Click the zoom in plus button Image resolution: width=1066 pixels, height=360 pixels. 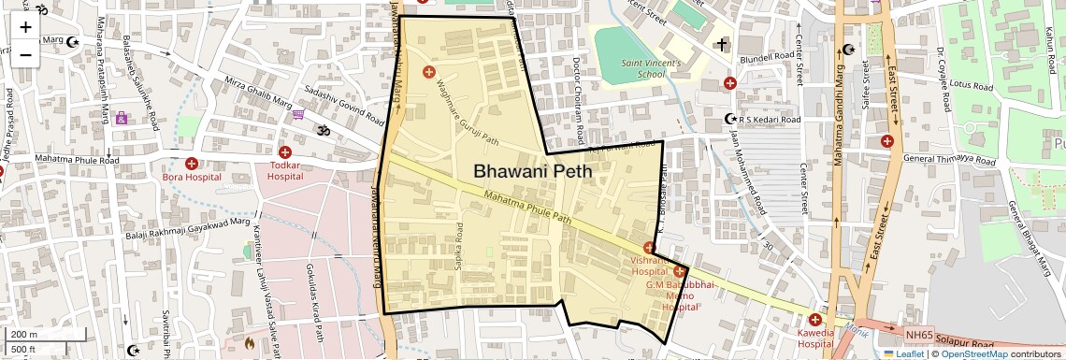pyautogui.click(x=25, y=27)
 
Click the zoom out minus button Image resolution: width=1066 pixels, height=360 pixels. pyautogui.click(x=25, y=54)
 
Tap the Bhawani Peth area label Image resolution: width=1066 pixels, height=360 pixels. pyautogui.click(x=532, y=171)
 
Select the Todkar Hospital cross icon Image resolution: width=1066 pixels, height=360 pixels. pyautogui.click(x=285, y=151)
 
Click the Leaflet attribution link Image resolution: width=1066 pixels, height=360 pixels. pyautogui.click(x=903, y=354)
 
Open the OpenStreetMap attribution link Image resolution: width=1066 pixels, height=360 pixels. pyautogui.click(x=974, y=354)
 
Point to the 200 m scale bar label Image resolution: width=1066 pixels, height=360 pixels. pyautogui.click(x=24, y=335)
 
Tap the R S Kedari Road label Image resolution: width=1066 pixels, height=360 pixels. pyautogui.click(x=770, y=120)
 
